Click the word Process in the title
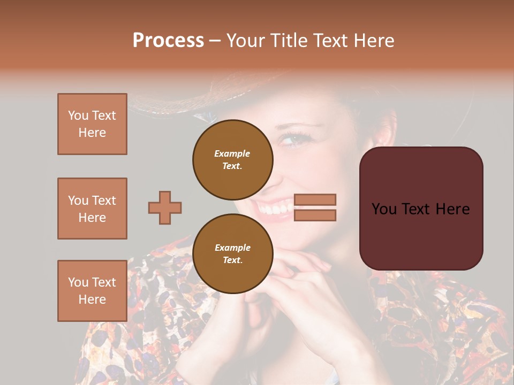pyautogui.click(x=168, y=41)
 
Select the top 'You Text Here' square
pyautogui.click(x=92, y=124)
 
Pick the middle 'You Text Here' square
pyautogui.click(x=92, y=209)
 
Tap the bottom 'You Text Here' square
pyautogui.click(x=92, y=291)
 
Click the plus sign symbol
pyautogui.click(x=165, y=207)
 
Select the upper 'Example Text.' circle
pyautogui.click(x=233, y=159)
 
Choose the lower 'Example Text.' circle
pyautogui.click(x=233, y=253)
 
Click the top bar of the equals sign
pyautogui.click(x=315, y=200)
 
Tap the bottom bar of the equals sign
pyautogui.click(x=315, y=215)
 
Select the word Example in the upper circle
pyautogui.click(x=232, y=153)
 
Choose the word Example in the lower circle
pyautogui.click(x=232, y=248)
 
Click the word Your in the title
pyautogui.click(x=246, y=41)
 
